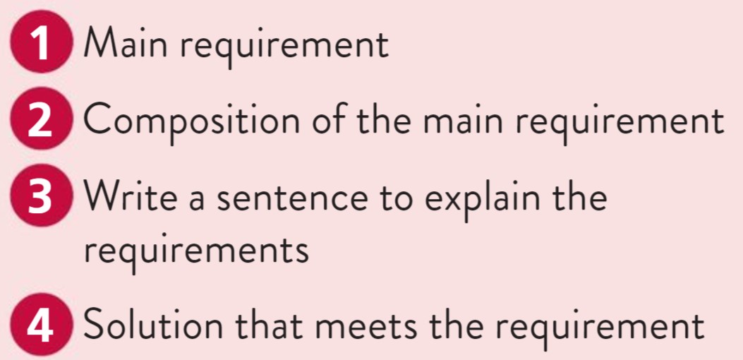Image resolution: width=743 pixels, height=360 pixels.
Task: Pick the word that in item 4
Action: pyautogui.click(x=267, y=327)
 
